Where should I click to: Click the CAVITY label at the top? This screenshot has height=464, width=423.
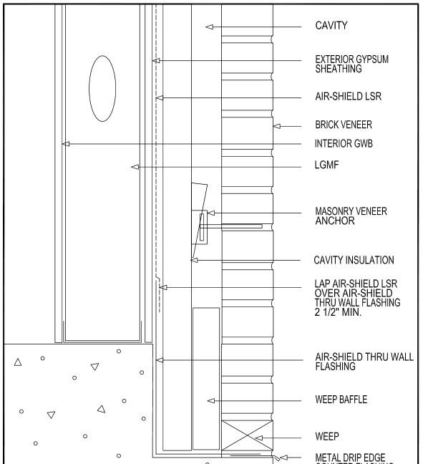[331, 26]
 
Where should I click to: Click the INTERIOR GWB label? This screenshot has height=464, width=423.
[344, 144]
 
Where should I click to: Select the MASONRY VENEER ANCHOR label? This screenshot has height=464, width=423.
[351, 216]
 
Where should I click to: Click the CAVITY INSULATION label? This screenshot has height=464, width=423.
[355, 260]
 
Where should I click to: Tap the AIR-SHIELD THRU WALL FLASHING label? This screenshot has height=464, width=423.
[364, 362]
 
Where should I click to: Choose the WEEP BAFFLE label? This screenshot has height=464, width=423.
[341, 400]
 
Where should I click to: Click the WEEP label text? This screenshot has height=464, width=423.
[327, 436]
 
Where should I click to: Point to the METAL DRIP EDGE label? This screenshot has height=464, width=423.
[354, 458]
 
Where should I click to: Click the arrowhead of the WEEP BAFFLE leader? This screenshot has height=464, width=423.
[210, 400]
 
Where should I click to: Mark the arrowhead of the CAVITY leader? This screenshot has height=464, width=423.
[209, 26]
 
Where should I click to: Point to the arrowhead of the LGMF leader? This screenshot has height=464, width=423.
[134, 167]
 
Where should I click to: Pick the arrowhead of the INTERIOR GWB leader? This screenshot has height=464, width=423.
[65, 144]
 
